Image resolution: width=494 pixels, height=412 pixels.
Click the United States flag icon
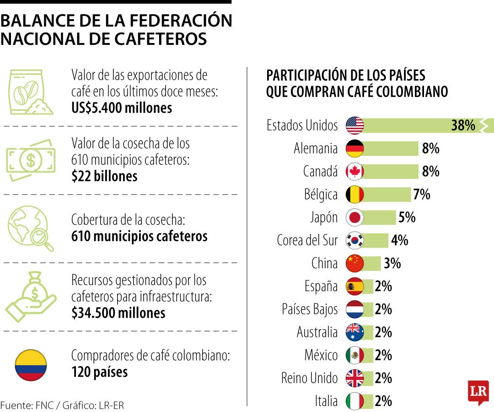354,125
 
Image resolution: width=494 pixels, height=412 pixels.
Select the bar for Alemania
391,148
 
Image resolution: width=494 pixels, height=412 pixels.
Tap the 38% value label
463,125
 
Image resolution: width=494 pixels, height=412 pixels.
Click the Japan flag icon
354,217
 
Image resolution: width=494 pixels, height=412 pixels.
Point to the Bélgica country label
321,195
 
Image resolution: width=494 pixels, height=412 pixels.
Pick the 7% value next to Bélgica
421,195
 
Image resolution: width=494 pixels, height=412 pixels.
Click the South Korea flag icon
354,240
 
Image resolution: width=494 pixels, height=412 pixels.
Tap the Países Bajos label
310,309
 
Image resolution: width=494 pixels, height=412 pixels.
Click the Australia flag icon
354,332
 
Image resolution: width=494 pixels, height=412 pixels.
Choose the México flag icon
354,355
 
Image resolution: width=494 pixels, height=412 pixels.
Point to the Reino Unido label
309,378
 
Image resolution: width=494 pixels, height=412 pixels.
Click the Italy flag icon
354,401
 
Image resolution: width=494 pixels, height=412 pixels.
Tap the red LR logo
478,392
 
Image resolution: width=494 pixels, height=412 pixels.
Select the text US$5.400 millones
122,108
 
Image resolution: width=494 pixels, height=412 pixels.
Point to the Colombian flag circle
31,365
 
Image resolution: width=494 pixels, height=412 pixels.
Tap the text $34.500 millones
118,313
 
